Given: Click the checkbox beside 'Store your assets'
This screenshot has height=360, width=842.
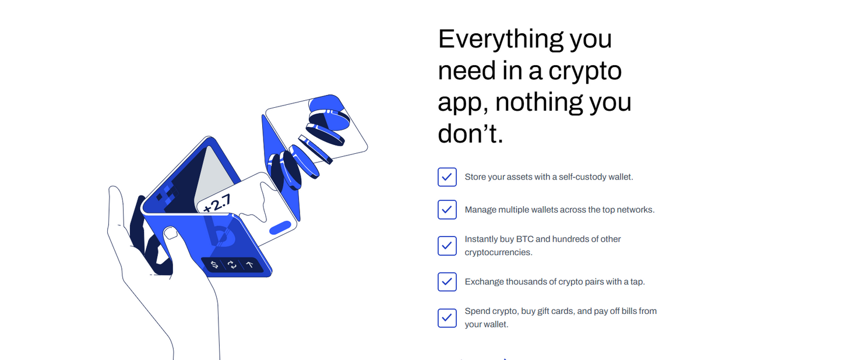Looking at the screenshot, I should point(447,177).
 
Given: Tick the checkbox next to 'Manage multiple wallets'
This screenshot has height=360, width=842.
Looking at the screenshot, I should point(447,210).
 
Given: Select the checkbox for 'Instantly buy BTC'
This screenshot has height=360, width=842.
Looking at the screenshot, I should point(447,246).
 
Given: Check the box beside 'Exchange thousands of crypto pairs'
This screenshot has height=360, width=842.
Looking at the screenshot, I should point(447,282).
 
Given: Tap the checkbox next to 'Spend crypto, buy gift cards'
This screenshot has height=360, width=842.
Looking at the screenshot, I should point(447,318).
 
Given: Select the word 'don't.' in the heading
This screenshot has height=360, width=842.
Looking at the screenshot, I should point(470,134).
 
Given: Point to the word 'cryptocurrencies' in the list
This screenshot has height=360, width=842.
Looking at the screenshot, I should point(498,253).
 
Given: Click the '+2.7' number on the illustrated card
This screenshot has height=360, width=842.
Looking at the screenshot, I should point(217,203).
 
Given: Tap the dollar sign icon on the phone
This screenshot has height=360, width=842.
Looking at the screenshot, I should point(214,265).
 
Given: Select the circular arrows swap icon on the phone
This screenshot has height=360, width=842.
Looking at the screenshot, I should point(232,265).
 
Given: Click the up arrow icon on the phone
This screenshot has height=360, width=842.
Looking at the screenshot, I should point(250,265).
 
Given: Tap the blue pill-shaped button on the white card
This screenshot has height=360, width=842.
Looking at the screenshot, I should point(280,227).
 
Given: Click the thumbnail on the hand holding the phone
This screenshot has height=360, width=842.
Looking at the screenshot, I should point(170,233).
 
